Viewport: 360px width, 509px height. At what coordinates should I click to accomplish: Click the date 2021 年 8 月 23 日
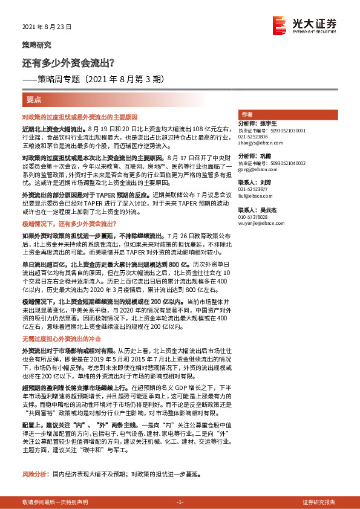coord(47,27)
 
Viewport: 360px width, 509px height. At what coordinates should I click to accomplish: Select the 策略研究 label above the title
coord(36,45)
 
